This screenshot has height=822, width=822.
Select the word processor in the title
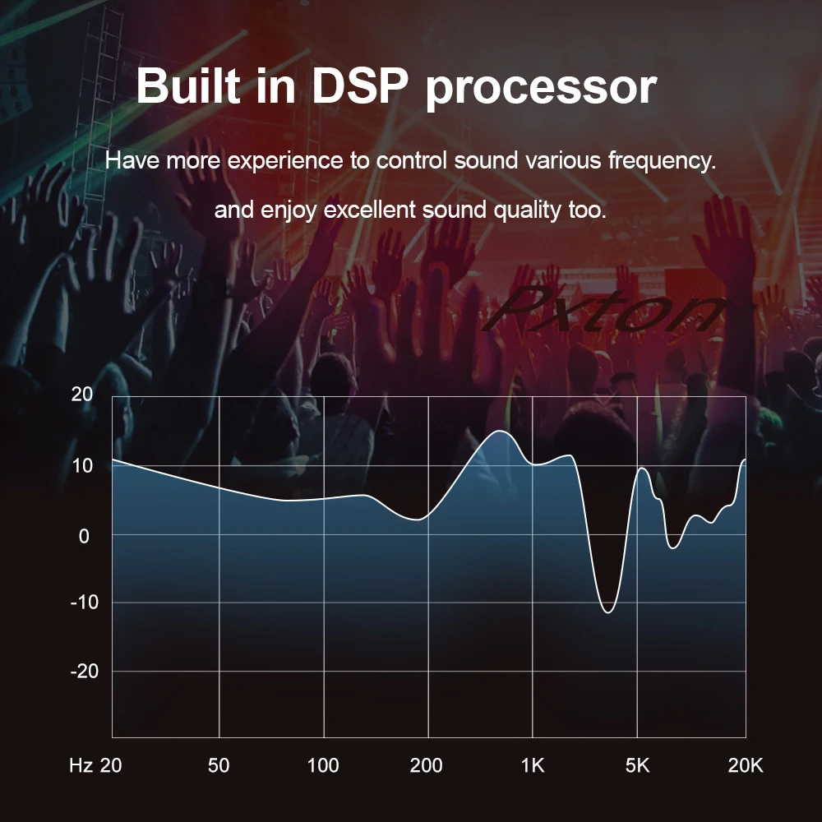coord(540,89)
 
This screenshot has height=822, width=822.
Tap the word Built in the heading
coord(188,87)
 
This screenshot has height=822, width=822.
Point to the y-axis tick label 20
coord(82,395)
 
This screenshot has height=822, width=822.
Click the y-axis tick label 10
coord(82,465)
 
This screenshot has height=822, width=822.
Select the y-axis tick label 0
coord(83,534)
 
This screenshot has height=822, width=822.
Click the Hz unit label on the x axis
coord(81,766)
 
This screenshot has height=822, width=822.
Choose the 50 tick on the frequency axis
coord(219,766)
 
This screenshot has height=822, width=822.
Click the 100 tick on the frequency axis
coord(323,766)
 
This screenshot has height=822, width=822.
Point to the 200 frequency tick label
coord(426,766)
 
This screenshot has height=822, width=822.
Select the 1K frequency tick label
coord(533,766)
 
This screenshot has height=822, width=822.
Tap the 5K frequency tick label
coord(637,766)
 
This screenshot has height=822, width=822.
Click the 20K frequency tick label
coord(746,766)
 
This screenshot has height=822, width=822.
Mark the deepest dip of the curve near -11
coord(607,612)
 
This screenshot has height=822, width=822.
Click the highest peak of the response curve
coord(500,431)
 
